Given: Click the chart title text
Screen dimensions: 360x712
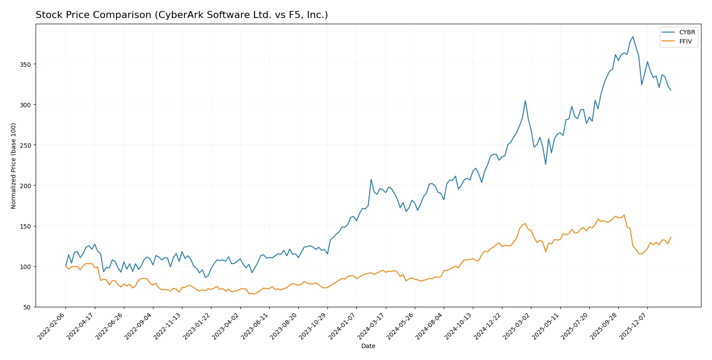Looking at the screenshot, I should click(182, 15).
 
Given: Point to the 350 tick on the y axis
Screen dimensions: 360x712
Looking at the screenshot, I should click(25, 64).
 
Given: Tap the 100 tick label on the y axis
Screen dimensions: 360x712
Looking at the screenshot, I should click(25, 267).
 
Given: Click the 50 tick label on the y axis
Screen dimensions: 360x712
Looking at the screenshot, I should click(27, 307).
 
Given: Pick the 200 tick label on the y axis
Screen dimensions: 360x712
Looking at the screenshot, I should click(25, 186).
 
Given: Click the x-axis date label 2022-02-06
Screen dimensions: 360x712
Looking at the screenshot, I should click(52, 326).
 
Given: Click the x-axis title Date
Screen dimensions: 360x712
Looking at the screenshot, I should click(368, 346).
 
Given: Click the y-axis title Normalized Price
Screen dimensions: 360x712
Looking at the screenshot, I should click(14, 166).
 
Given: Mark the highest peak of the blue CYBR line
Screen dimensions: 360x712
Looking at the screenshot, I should click(632, 36).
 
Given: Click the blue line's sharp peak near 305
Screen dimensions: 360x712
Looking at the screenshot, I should click(525, 101).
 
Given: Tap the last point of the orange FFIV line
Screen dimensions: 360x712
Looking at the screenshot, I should click(671, 237).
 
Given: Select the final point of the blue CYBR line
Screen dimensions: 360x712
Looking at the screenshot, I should click(671, 90).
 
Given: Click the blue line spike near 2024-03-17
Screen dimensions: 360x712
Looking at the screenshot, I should click(371, 179).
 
